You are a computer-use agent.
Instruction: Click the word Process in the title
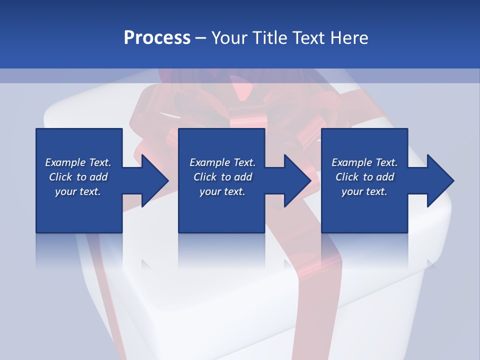(157, 38)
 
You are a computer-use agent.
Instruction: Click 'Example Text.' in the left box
(78, 162)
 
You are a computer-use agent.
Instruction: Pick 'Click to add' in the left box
(78, 177)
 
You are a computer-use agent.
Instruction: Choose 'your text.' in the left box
(78, 191)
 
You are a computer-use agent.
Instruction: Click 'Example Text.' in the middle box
(222, 162)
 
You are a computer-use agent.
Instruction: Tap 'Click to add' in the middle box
(222, 177)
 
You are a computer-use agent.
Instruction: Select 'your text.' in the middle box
(222, 191)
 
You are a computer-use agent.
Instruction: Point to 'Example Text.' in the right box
(364, 162)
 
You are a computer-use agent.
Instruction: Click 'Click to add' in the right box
(364, 177)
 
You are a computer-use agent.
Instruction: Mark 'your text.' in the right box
(364, 191)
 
